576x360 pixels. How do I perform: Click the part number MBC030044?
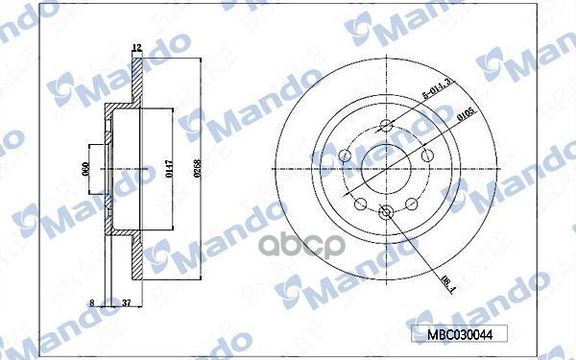[x=452, y=335]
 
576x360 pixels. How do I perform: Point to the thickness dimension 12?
[x=136, y=48]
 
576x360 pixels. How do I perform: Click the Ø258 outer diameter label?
[x=198, y=170]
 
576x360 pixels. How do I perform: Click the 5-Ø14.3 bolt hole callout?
[x=435, y=100]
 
